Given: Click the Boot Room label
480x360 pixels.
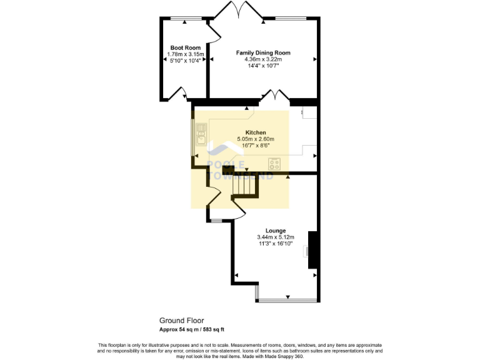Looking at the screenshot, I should click(185, 47).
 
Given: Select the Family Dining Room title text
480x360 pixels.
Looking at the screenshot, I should click(262, 52).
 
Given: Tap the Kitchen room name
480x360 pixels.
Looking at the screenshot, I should click(256, 132).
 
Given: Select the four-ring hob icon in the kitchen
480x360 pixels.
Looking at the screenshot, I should click(274, 164).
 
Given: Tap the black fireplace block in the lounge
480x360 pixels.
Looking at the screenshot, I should click(313, 250).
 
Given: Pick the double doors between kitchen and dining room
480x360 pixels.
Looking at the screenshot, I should click(274, 96).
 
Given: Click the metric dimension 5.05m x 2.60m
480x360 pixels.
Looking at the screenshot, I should click(256, 139).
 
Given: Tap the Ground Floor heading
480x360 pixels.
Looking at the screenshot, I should click(181, 321).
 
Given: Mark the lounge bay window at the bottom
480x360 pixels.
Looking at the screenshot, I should click(287, 301).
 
